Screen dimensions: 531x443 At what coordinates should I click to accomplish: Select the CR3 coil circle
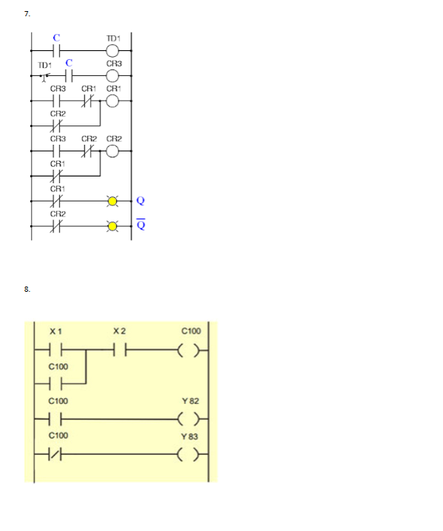[113, 75]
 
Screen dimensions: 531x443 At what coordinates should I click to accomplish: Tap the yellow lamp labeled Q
[113, 200]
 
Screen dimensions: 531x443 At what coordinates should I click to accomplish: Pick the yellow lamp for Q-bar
[113, 226]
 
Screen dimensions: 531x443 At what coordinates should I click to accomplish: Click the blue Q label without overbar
[140, 200]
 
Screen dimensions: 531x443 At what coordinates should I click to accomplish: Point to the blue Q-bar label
[140, 225]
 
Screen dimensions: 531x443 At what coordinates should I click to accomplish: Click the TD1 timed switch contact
[46, 75]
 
